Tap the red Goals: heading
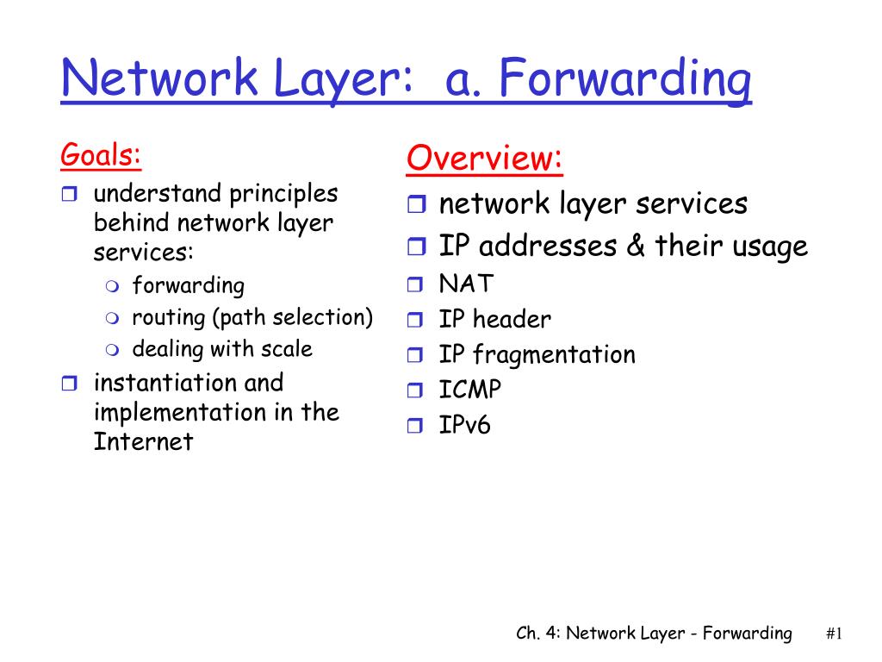[x=101, y=155]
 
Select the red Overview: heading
[x=484, y=159]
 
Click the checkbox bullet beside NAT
[x=415, y=284]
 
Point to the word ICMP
[x=469, y=390]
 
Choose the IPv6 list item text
[x=464, y=424]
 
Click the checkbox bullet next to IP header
[x=415, y=320]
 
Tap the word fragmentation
[x=554, y=355]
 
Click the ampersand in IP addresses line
[x=636, y=246]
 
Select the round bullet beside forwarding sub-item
[x=113, y=286]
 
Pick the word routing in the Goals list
[x=169, y=319]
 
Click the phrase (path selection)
[x=293, y=318]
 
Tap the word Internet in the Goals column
[x=144, y=442]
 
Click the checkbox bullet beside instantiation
[x=69, y=384]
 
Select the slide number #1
[x=834, y=634]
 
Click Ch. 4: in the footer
[x=538, y=634]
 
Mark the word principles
[x=283, y=195]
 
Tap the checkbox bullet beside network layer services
[x=416, y=203]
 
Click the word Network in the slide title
[x=159, y=78]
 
